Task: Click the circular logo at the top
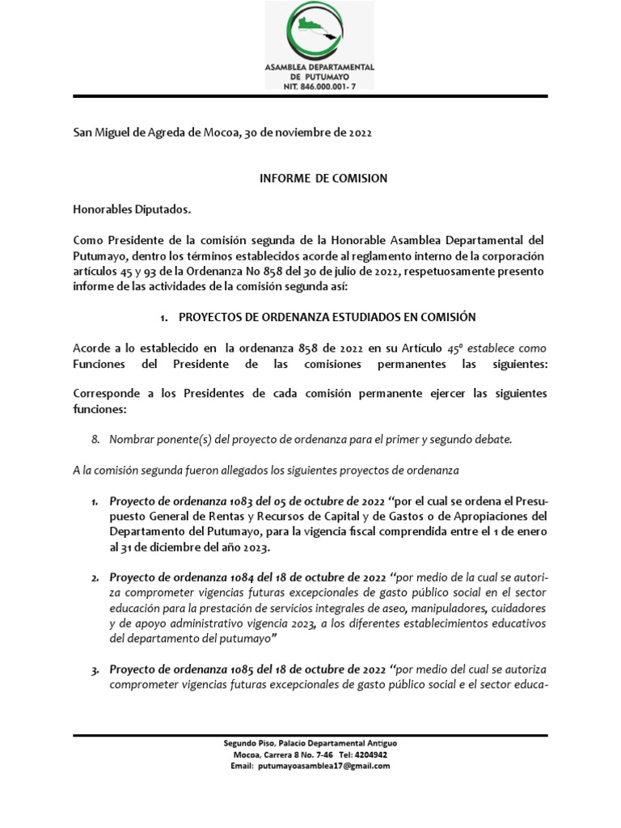click(319, 32)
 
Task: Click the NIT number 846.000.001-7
click(320, 83)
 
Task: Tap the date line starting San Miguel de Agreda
click(222, 133)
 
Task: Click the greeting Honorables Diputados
click(132, 209)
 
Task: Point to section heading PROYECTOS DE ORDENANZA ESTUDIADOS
click(327, 317)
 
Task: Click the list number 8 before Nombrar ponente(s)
click(95, 439)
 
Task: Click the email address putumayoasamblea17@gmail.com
click(323, 766)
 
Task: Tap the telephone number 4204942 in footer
click(378, 754)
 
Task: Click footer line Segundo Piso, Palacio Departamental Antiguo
click(310, 743)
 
